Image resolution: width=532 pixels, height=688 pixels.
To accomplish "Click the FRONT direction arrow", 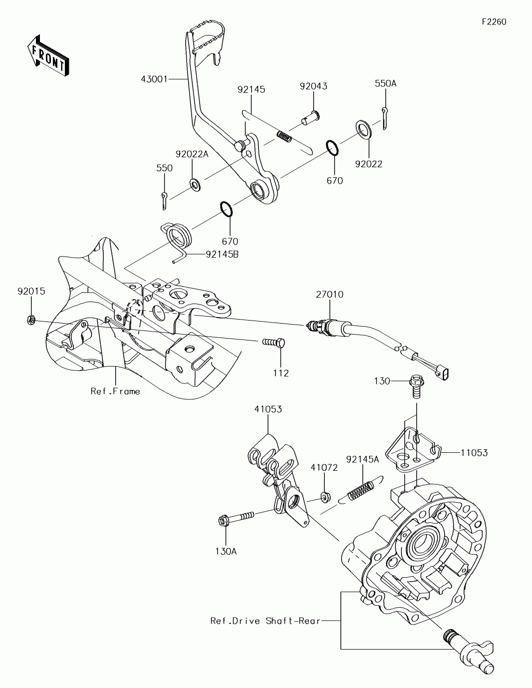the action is point(48,56).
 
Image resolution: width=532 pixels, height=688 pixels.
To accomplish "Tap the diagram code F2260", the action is point(494,22).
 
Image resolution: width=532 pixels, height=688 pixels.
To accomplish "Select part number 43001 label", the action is point(154,79).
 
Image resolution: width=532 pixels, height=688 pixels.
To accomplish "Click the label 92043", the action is point(313,86).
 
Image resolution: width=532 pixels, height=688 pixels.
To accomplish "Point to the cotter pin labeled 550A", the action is point(384,118).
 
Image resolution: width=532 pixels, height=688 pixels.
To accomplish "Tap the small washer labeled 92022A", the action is point(195,185).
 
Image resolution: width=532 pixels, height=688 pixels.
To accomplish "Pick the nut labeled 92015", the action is point(31,321).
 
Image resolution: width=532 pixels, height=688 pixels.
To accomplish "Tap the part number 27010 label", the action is point(329,295).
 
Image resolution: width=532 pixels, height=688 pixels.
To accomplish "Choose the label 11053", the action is point(474,453).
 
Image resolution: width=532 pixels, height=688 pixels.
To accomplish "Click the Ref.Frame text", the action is point(115,391).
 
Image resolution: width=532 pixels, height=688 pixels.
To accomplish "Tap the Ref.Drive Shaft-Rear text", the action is point(265,621).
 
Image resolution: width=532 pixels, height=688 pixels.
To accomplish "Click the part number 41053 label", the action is point(268,409).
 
